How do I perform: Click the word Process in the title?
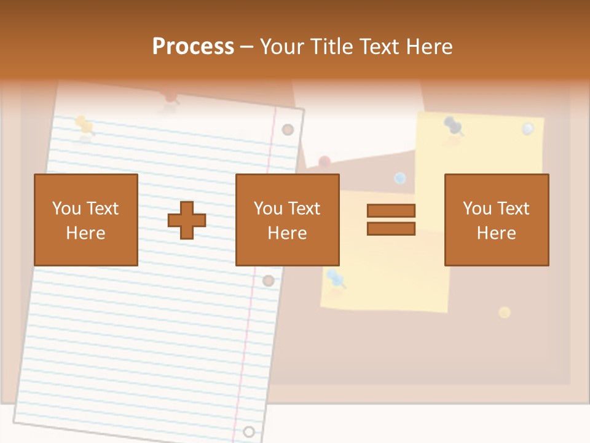click(x=193, y=47)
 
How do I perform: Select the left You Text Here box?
click(x=86, y=220)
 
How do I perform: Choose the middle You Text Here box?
click(x=288, y=220)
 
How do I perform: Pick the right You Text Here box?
click(x=497, y=220)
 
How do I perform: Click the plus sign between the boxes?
click(x=187, y=220)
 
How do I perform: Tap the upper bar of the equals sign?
click(x=391, y=210)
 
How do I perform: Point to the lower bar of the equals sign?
click(x=391, y=229)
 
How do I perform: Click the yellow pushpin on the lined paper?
click(x=84, y=125)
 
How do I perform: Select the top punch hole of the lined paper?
click(x=288, y=130)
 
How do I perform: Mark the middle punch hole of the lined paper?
click(x=268, y=281)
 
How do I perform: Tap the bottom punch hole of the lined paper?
click(x=248, y=431)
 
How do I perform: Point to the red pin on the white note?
click(x=324, y=162)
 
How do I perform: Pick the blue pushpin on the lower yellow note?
click(x=336, y=279)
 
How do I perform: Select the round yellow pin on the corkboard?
click(x=505, y=312)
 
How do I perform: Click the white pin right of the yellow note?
click(x=528, y=129)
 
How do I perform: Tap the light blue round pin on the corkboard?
click(x=400, y=178)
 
